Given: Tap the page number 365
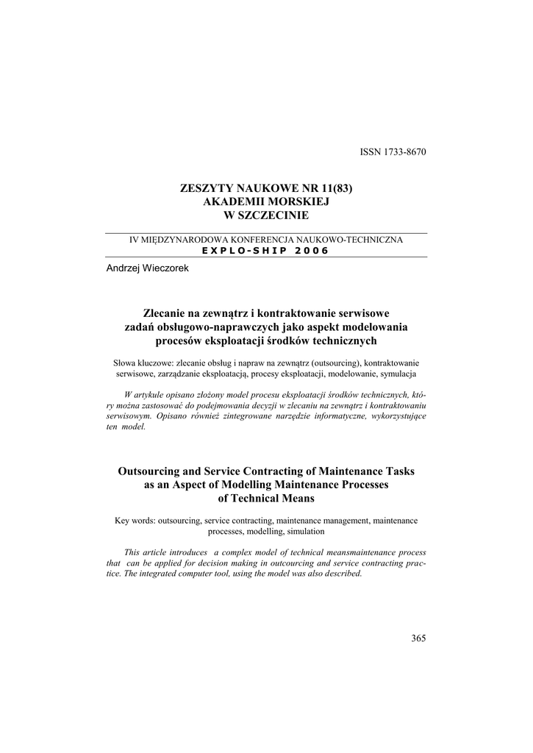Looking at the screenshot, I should tap(419, 638).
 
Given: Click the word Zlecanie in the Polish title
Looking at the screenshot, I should tap(165, 314).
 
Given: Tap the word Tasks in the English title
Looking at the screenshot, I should tap(399, 471).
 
